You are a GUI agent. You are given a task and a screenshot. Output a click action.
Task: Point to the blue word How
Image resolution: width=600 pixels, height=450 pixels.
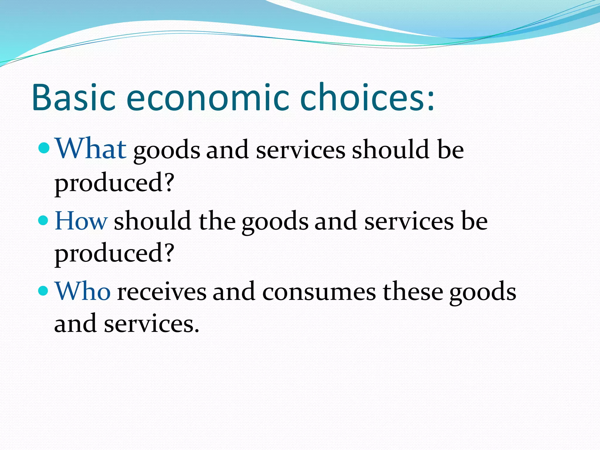tap(81, 220)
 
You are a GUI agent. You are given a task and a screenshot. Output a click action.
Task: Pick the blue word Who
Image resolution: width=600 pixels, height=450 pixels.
tap(83, 292)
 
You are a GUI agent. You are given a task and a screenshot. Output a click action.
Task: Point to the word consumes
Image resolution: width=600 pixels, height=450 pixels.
tap(319, 292)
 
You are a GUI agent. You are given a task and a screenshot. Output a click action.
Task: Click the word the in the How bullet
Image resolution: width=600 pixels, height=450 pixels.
tap(217, 221)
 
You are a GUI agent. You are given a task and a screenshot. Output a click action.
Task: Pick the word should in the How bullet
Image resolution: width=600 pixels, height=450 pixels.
tap(153, 221)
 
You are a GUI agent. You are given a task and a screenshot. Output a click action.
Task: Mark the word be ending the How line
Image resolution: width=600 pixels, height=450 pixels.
tap(474, 221)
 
